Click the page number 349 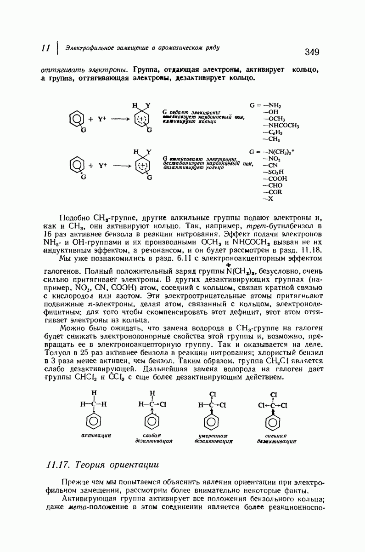click(311, 52)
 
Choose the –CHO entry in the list click(273, 185)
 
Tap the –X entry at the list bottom click(268, 199)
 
